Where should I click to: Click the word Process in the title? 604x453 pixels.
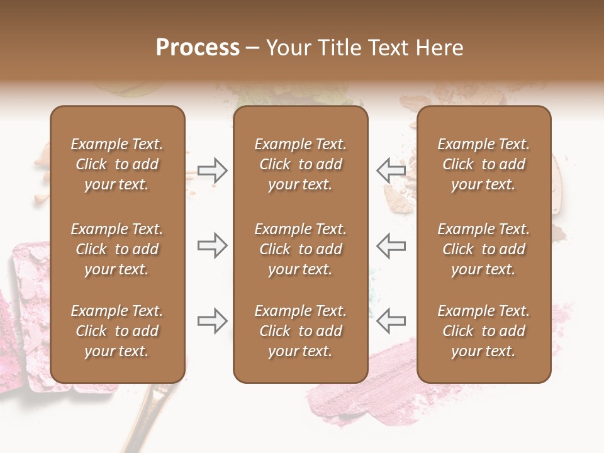(198, 48)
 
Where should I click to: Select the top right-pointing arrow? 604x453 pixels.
(213, 171)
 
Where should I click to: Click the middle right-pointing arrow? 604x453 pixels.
(213, 245)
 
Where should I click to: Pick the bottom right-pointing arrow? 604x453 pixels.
(213, 321)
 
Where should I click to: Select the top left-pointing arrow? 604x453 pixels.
(391, 171)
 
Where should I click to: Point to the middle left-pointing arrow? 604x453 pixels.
(391, 245)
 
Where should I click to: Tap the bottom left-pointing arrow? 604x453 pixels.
(391, 321)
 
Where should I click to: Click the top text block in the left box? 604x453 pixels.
(117, 164)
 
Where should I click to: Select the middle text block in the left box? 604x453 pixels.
(117, 249)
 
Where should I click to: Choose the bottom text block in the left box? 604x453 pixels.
(117, 331)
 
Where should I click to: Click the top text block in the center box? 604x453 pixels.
(300, 164)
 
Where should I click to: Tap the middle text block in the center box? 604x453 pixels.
(300, 249)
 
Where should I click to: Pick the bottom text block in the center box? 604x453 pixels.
(300, 331)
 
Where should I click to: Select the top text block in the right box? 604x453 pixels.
(483, 164)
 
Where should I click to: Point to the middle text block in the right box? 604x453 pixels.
(483, 249)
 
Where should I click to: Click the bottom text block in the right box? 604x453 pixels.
(483, 331)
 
